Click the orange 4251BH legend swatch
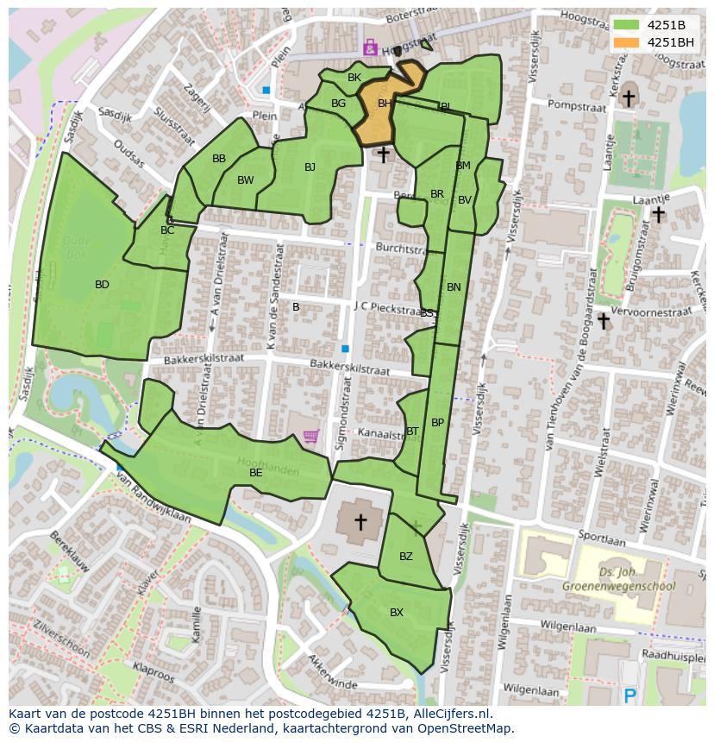[x=627, y=42]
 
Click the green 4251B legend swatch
[x=627, y=25]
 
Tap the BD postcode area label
[x=102, y=285]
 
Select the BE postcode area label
[x=256, y=473]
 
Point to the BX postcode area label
[x=397, y=613]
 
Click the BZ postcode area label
[x=406, y=557]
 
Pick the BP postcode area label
[x=438, y=423]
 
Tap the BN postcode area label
[x=454, y=287]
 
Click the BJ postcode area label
[x=310, y=167]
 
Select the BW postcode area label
[x=246, y=180]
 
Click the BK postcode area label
[x=354, y=78]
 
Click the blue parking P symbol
[x=630, y=695]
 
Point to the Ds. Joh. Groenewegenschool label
[x=618, y=579]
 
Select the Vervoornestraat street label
[x=651, y=311]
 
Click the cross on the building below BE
[x=360, y=520]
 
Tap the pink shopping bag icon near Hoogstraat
[x=371, y=48]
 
